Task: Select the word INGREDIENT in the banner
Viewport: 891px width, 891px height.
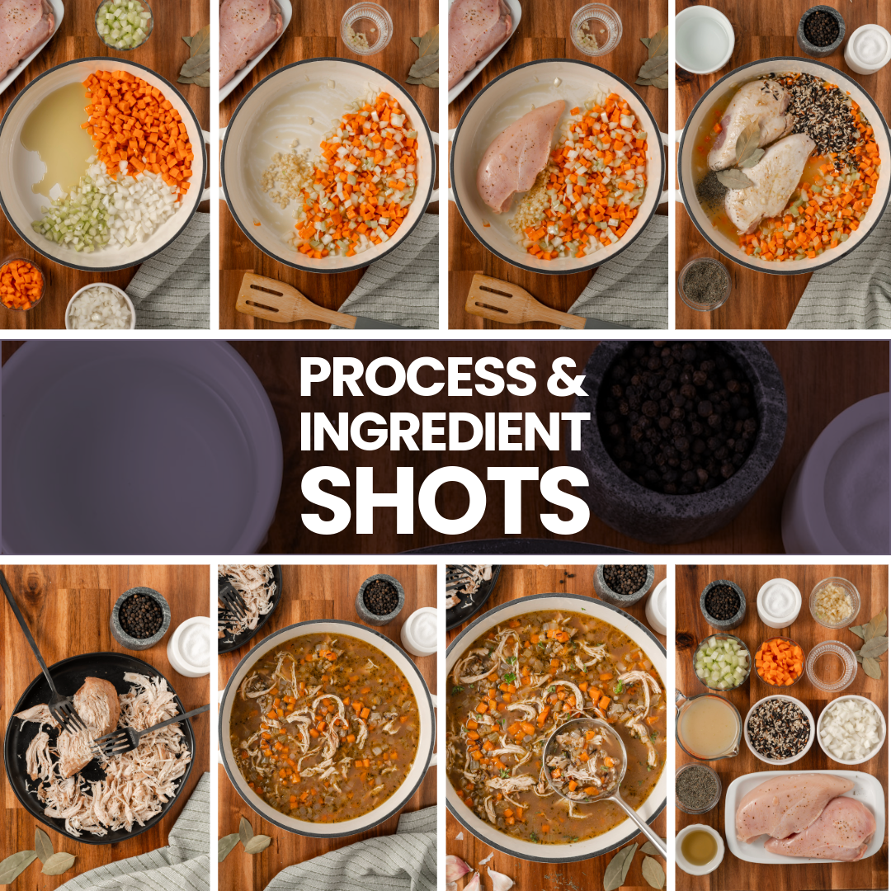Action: [x=445, y=431]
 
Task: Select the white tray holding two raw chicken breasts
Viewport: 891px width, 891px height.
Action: [x=804, y=817]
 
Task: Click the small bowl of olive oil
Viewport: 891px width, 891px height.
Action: [x=699, y=848]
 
